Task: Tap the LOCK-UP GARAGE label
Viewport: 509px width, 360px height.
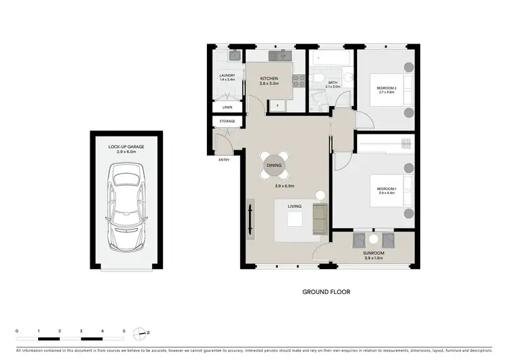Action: pyautogui.click(x=126, y=146)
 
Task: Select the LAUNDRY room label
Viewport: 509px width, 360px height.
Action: pyautogui.click(x=226, y=75)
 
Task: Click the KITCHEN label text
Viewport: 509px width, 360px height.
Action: pyautogui.click(x=269, y=79)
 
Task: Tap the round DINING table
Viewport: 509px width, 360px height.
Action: pyautogui.click(x=275, y=164)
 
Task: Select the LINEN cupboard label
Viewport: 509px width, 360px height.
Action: pyautogui.click(x=227, y=107)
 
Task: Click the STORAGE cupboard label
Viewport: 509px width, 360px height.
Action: pyautogui.click(x=227, y=122)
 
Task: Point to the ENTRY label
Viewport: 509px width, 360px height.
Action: pyautogui.click(x=224, y=160)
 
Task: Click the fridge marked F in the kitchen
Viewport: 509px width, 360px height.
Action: pyautogui.click(x=278, y=105)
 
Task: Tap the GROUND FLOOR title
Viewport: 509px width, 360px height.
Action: pyautogui.click(x=326, y=293)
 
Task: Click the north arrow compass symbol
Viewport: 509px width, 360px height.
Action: pyautogui.click(x=141, y=334)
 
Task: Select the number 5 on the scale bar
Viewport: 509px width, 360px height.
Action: pyautogui.click(x=124, y=331)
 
